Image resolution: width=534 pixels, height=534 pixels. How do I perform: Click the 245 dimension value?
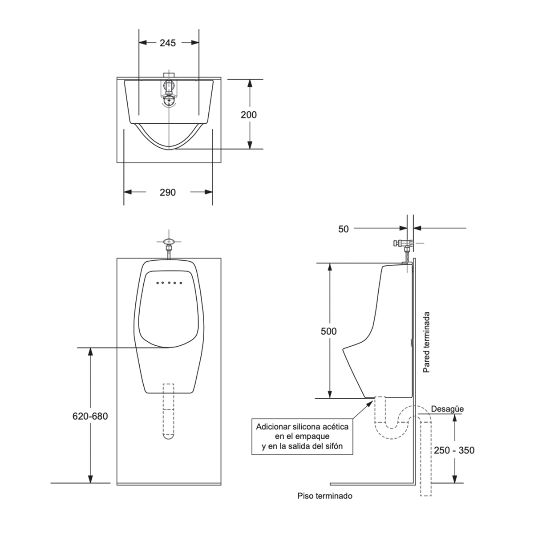(x=168, y=43)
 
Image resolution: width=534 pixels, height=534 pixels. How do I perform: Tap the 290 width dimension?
(x=168, y=192)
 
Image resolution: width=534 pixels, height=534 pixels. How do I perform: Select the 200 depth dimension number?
(x=249, y=115)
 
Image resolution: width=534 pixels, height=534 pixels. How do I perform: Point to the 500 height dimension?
(x=329, y=331)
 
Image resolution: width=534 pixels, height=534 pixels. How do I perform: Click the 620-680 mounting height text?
(x=90, y=416)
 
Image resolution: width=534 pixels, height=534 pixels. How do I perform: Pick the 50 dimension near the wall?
(x=344, y=229)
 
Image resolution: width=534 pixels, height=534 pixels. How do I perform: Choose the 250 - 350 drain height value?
(x=454, y=450)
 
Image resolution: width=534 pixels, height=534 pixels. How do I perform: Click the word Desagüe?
(x=447, y=409)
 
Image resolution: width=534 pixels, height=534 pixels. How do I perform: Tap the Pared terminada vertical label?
(x=426, y=342)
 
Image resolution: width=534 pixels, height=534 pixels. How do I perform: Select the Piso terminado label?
(x=325, y=496)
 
